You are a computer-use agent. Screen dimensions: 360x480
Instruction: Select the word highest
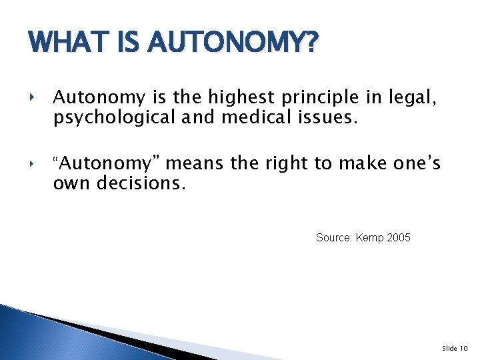coord(237,98)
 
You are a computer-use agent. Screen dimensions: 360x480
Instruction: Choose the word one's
coord(417,163)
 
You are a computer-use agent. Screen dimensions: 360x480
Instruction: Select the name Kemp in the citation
coord(370,238)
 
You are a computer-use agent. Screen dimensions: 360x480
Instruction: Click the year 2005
coord(399,237)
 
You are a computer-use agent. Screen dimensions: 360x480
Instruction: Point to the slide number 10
coord(464,348)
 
